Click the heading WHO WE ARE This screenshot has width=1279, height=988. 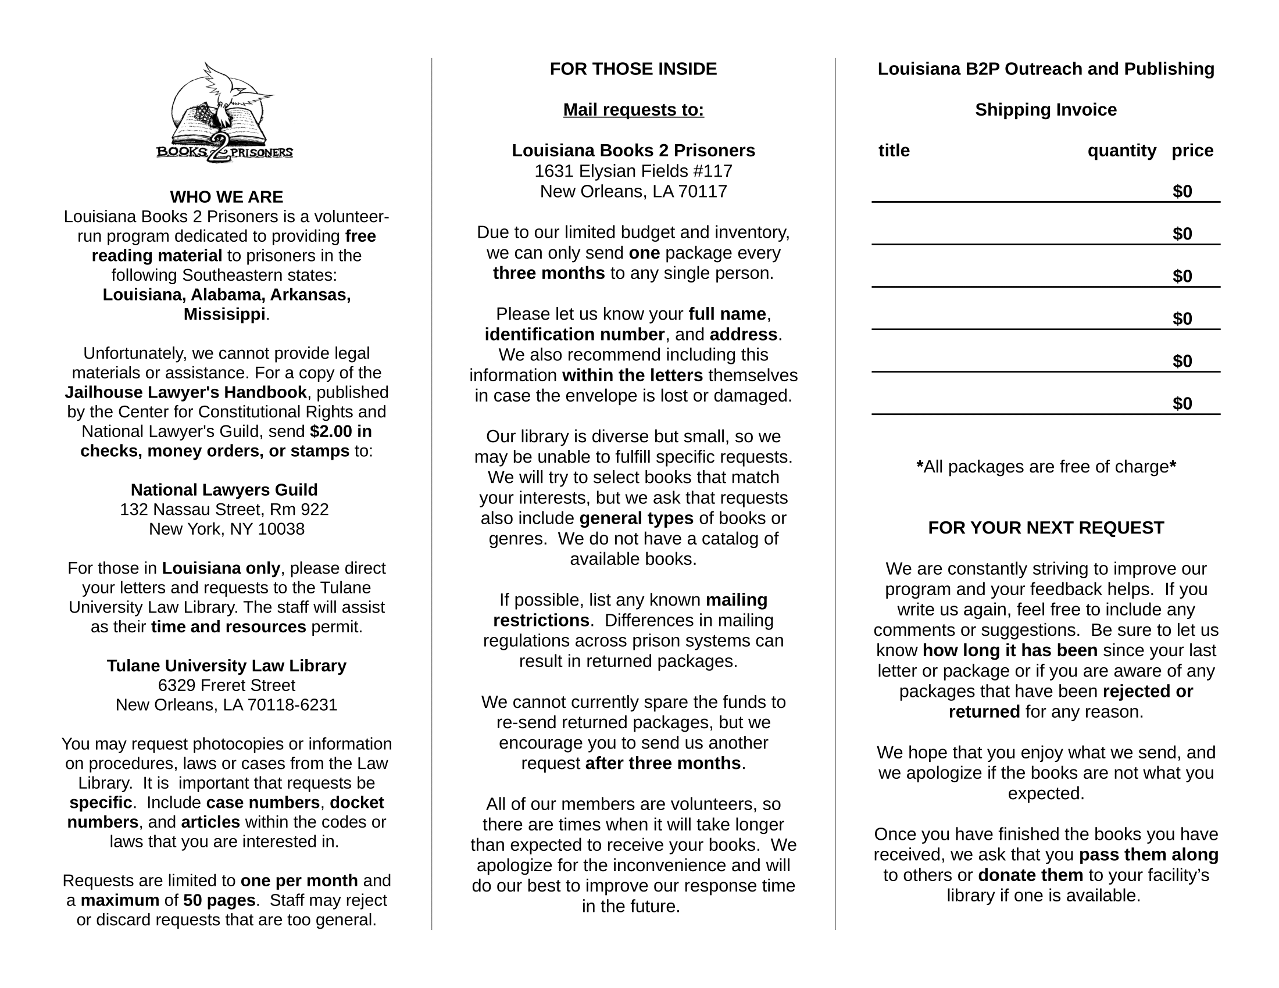(x=226, y=196)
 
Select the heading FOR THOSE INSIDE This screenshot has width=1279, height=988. (x=633, y=69)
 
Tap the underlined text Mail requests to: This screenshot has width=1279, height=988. (x=633, y=110)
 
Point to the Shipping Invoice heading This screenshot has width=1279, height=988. (x=1045, y=110)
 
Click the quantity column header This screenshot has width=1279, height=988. (x=1121, y=151)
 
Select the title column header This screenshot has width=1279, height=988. (x=894, y=151)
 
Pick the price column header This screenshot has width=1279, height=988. (x=1192, y=151)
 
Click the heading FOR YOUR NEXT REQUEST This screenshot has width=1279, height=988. (x=1045, y=528)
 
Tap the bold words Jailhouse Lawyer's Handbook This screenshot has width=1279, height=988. (x=185, y=392)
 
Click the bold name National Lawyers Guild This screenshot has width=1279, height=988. (x=224, y=490)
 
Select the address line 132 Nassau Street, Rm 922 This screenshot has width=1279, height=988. (x=224, y=509)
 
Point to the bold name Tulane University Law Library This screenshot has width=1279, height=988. (x=226, y=665)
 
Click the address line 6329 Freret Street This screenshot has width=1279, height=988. (x=226, y=685)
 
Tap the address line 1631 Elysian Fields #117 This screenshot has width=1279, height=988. (x=633, y=171)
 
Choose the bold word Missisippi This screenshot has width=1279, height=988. (x=224, y=314)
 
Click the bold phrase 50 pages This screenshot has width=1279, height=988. (x=219, y=900)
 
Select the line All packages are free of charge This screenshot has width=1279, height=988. (x=1045, y=467)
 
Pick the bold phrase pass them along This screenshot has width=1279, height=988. (x=1148, y=855)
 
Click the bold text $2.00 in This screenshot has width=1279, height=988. (x=341, y=431)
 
